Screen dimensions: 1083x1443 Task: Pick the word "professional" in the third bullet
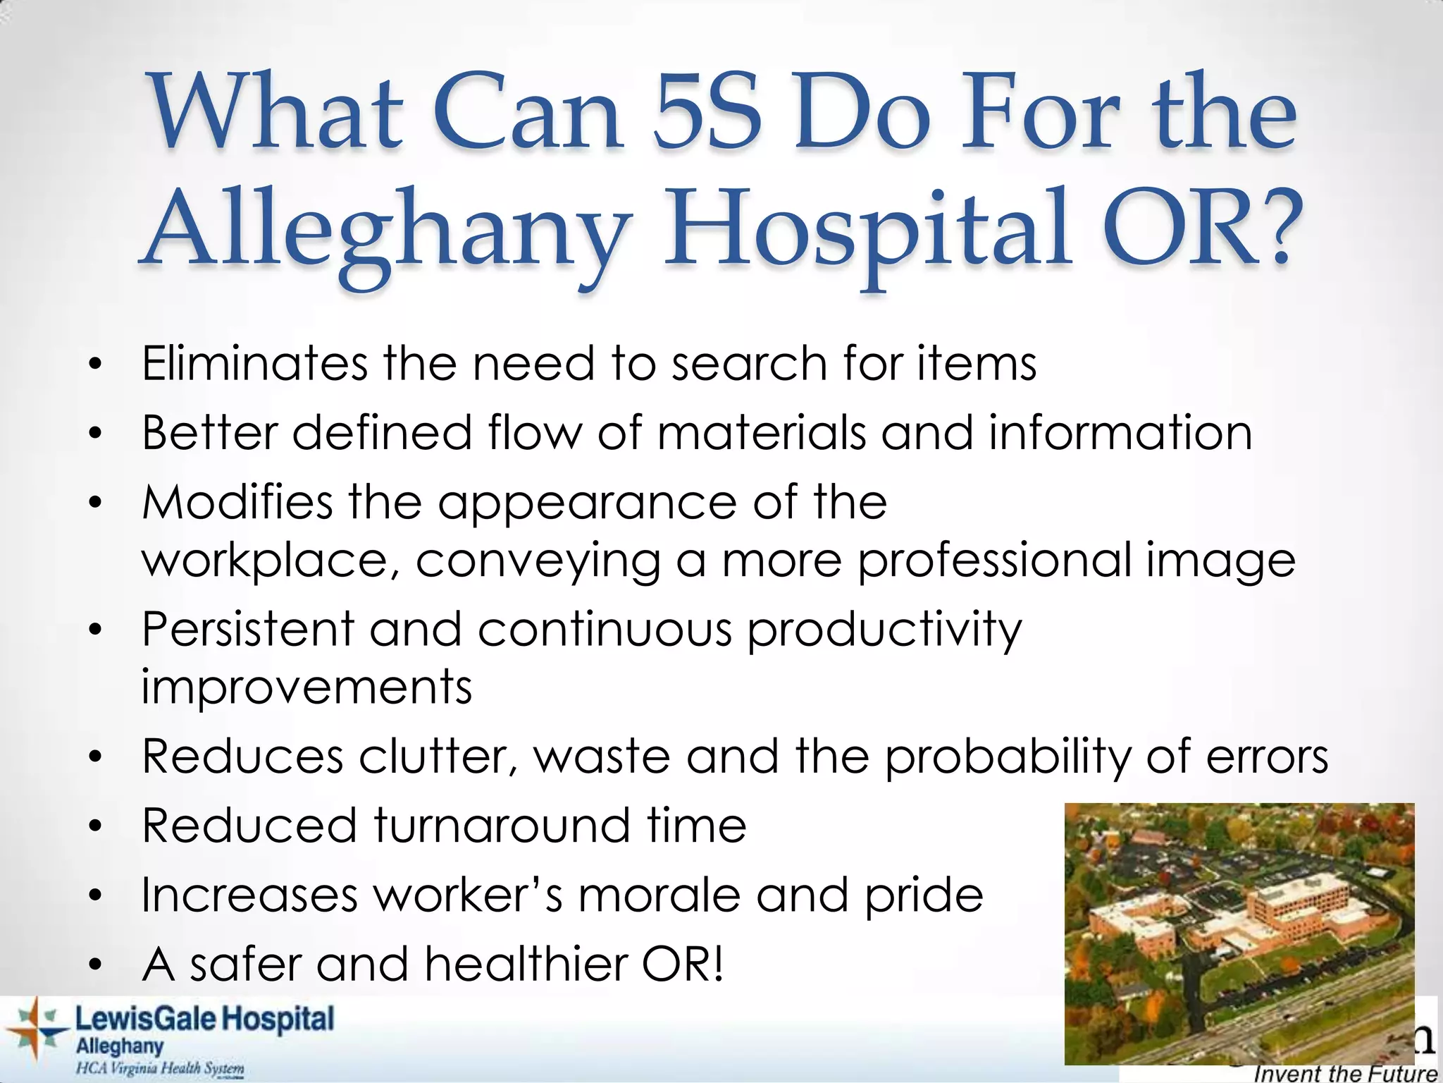tap(993, 560)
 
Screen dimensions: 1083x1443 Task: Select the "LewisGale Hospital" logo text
tap(204, 1020)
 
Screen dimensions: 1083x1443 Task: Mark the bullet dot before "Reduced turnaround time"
tap(96, 825)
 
